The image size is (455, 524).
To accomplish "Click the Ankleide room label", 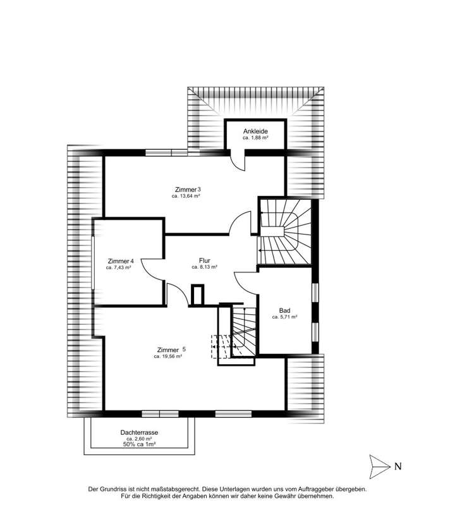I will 255,131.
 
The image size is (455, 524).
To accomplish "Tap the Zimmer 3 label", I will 188,190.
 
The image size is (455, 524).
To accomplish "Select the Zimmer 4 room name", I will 121,261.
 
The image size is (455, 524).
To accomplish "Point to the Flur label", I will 204,260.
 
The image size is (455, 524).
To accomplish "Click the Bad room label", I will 284,310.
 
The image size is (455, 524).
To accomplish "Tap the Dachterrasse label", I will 139,432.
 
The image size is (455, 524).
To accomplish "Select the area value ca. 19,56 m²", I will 167,356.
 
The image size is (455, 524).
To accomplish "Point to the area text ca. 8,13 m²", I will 204,267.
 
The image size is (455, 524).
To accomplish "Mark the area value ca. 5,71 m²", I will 284,317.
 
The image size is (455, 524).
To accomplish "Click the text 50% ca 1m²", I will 139,445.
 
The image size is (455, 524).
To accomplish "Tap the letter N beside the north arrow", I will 397,467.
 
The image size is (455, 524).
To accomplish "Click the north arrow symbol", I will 379,467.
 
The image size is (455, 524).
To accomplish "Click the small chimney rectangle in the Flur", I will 198,295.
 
